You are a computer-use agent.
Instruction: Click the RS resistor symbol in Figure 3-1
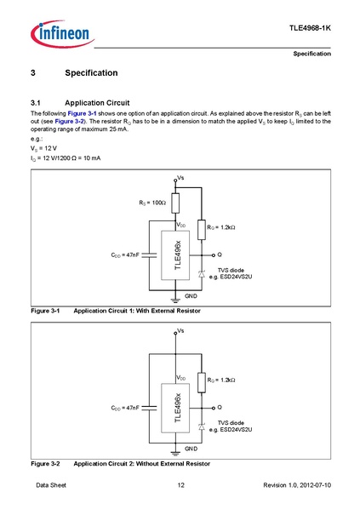(175, 204)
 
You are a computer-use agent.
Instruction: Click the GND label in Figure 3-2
(191, 448)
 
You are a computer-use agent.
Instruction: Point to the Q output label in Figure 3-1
(219, 254)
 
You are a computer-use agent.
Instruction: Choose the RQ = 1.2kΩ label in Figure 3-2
(220, 380)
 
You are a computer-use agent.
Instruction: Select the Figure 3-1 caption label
(44, 312)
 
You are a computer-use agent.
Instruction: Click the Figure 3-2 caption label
(44, 463)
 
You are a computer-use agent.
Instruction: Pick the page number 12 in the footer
(180, 485)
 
